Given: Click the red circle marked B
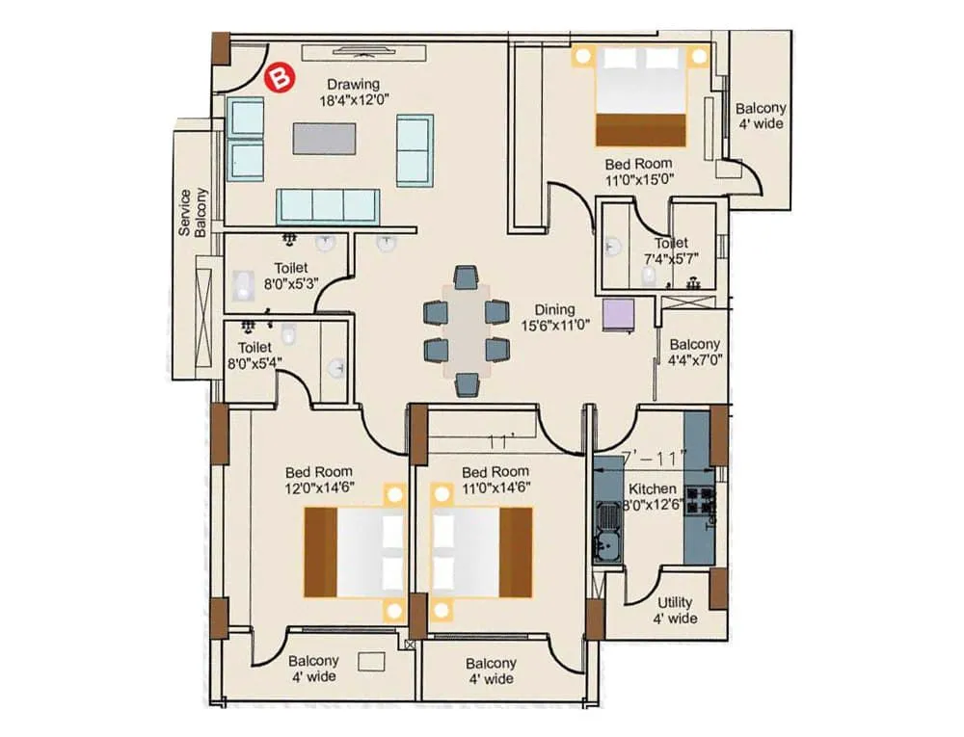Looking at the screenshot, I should (280, 77).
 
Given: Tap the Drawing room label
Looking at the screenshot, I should (352, 84).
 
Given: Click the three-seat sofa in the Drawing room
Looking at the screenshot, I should (327, 206).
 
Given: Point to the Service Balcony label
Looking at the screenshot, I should (193, 212).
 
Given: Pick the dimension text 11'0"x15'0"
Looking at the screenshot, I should (638, 179).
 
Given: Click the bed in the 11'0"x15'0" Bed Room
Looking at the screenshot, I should (642, 96).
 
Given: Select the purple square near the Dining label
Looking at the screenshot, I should (618, 314).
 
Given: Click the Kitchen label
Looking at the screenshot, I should (652, 488).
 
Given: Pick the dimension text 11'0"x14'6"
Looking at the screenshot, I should (495, 488).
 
